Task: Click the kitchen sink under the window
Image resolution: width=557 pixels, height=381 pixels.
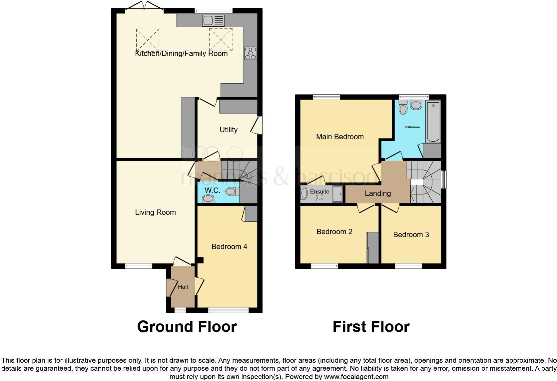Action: (213, 21)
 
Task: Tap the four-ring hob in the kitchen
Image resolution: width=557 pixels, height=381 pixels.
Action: (251, 53)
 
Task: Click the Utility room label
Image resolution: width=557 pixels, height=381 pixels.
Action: (229, 130)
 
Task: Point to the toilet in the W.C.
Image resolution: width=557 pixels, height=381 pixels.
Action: (232, 191)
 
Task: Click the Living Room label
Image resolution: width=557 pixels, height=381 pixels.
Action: (155, 212)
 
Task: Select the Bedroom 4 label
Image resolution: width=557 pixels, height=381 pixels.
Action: (229, 246)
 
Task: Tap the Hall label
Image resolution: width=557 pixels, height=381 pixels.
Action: (183, 287)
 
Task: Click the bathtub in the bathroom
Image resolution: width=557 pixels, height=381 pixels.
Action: (433, 122)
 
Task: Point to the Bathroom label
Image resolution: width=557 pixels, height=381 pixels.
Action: (412, 127)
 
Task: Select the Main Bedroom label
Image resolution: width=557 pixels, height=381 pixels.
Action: (340, 137)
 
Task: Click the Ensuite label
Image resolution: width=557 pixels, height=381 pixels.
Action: (319, 191)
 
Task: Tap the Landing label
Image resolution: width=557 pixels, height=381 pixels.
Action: (378, 193)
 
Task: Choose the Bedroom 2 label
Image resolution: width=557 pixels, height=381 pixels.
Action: (334, 231)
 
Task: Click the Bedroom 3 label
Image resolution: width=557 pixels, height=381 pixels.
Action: (411, 234)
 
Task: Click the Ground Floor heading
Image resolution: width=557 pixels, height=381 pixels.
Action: (187, 327)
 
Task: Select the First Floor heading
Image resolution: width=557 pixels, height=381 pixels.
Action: (371, 327)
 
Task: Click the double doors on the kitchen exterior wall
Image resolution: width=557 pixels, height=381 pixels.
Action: (144, 8)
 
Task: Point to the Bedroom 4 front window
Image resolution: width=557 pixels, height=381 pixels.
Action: (229, 310)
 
